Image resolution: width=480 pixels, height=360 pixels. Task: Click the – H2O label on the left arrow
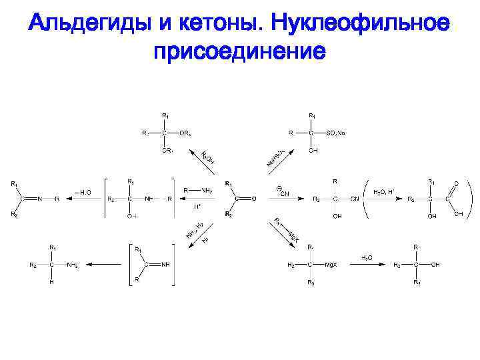pos(83,192)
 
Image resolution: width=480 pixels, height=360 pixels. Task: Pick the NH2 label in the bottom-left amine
pos(72,265)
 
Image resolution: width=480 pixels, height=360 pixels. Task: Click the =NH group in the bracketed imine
pos(163,265)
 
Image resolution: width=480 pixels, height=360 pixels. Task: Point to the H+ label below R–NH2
pos(198,207)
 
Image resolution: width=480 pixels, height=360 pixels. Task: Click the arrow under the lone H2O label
pos(366,265)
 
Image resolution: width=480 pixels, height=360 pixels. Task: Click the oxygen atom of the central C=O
pos(253,199)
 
